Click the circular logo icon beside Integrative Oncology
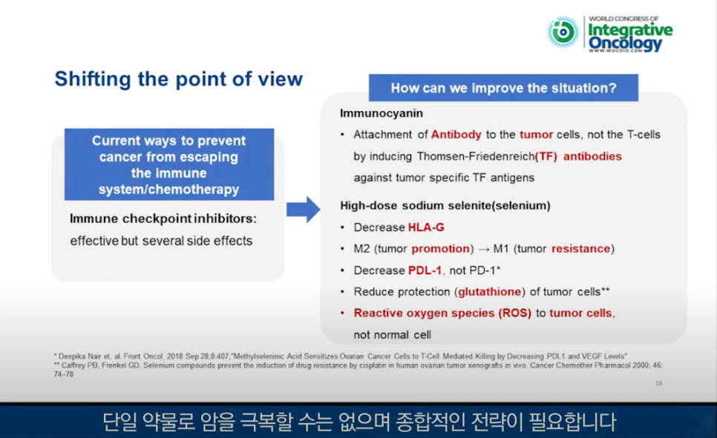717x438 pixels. tap(563, 32)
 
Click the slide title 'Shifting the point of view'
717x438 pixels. tap(178, 79)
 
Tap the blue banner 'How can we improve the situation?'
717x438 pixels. tap(503, 87)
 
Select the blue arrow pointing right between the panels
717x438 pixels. tap(303, 210)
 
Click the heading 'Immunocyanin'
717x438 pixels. tap(382, 113)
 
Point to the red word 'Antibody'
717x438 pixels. tap(456, 135)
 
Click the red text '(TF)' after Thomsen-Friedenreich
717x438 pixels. tap(546, 156)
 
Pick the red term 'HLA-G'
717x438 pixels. tap(426, 228)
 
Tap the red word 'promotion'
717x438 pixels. tap(441, 249)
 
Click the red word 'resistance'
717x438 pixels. tap(580, 249)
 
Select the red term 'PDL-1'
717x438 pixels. tap(425, 271)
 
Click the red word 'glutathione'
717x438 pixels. tap(489, 292)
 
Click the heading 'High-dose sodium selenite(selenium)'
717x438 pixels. tap(445, 206)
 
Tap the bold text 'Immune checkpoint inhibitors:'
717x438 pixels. tap(163, 219)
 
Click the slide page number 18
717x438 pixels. tap(658, 383)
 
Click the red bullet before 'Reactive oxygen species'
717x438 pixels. tap(342, 313)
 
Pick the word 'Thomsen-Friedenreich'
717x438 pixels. tap(476, 156)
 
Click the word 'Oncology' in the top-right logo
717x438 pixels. tap(625, 44)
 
